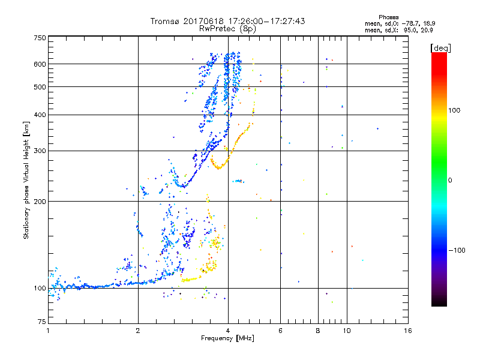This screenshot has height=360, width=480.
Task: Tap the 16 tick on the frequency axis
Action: click(x=407, y=331)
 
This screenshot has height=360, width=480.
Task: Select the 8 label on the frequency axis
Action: click(x=318, y=331)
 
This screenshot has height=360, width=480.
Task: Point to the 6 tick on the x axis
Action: click(x=280, y=331)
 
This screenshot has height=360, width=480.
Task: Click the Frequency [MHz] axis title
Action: click(x=228, y=339)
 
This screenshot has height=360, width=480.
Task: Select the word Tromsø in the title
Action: click(x=166, y=21)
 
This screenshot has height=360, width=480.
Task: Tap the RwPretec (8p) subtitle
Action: click(x=228, y=28)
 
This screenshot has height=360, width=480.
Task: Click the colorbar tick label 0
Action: click(x=450, y=180)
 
